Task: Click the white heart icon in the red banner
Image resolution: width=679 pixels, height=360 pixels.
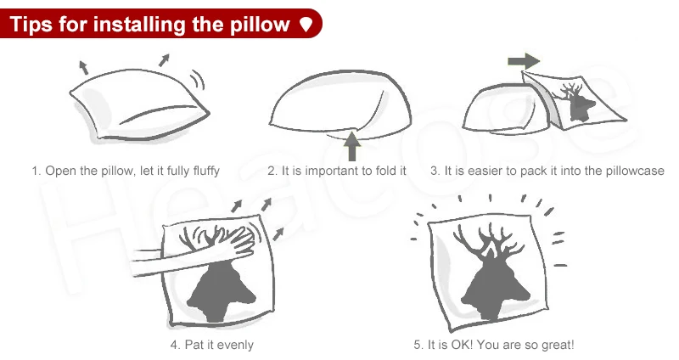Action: (x=306, y=25)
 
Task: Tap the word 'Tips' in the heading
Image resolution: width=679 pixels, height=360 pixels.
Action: (x=31, y=25)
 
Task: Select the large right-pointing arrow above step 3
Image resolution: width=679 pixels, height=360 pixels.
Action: (x=524, y=60)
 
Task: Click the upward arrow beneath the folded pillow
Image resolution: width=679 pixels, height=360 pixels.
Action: (x=352, y=146)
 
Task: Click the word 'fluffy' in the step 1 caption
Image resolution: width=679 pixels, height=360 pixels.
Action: (x=206, y=171)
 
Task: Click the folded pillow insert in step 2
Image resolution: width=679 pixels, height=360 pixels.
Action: (x=340, y=104)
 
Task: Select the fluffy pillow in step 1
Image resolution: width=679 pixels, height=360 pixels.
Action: (x=139, y=104)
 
